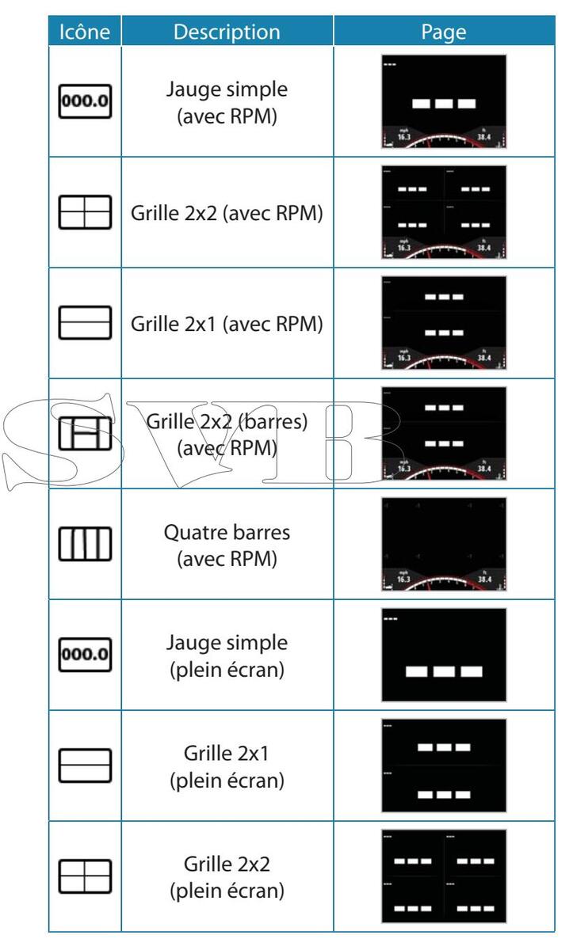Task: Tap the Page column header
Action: pos(444,31)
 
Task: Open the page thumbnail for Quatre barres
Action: pos(444,545)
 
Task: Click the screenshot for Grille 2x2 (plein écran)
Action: pos(444,876)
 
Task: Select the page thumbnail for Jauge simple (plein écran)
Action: pos(444,655)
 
